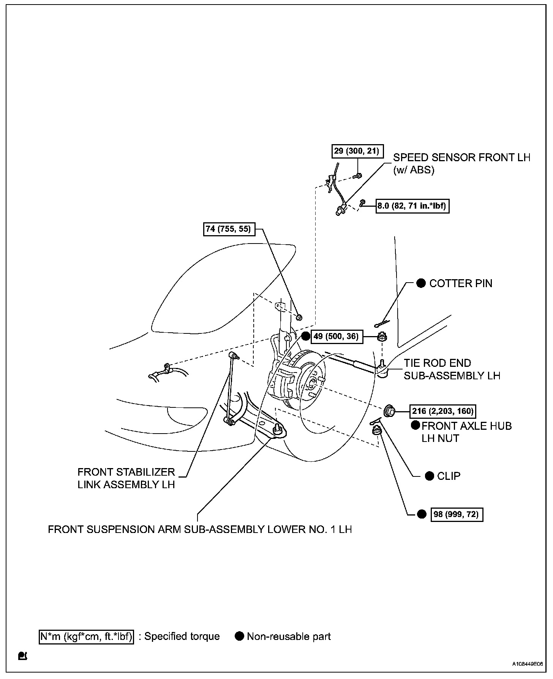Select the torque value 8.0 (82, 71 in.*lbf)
click(x=412, y=206)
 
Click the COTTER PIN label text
click(x=460, y=283)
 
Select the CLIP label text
click(x=449, y=476)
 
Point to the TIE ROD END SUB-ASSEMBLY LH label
click(x=452, y=369)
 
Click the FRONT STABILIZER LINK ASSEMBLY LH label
click(x=126, y=478)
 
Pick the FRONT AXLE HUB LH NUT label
click(x=466, y=432)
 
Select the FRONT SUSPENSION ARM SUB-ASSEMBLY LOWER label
click(x=200, y=529)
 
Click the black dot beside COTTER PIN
click(x=421, y=283)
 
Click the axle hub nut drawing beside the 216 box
click(x=389, y=410)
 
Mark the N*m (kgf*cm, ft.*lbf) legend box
click(x=87, y=636)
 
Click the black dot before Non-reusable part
click(x=239, y=636)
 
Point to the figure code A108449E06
click(x=527, y=664)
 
